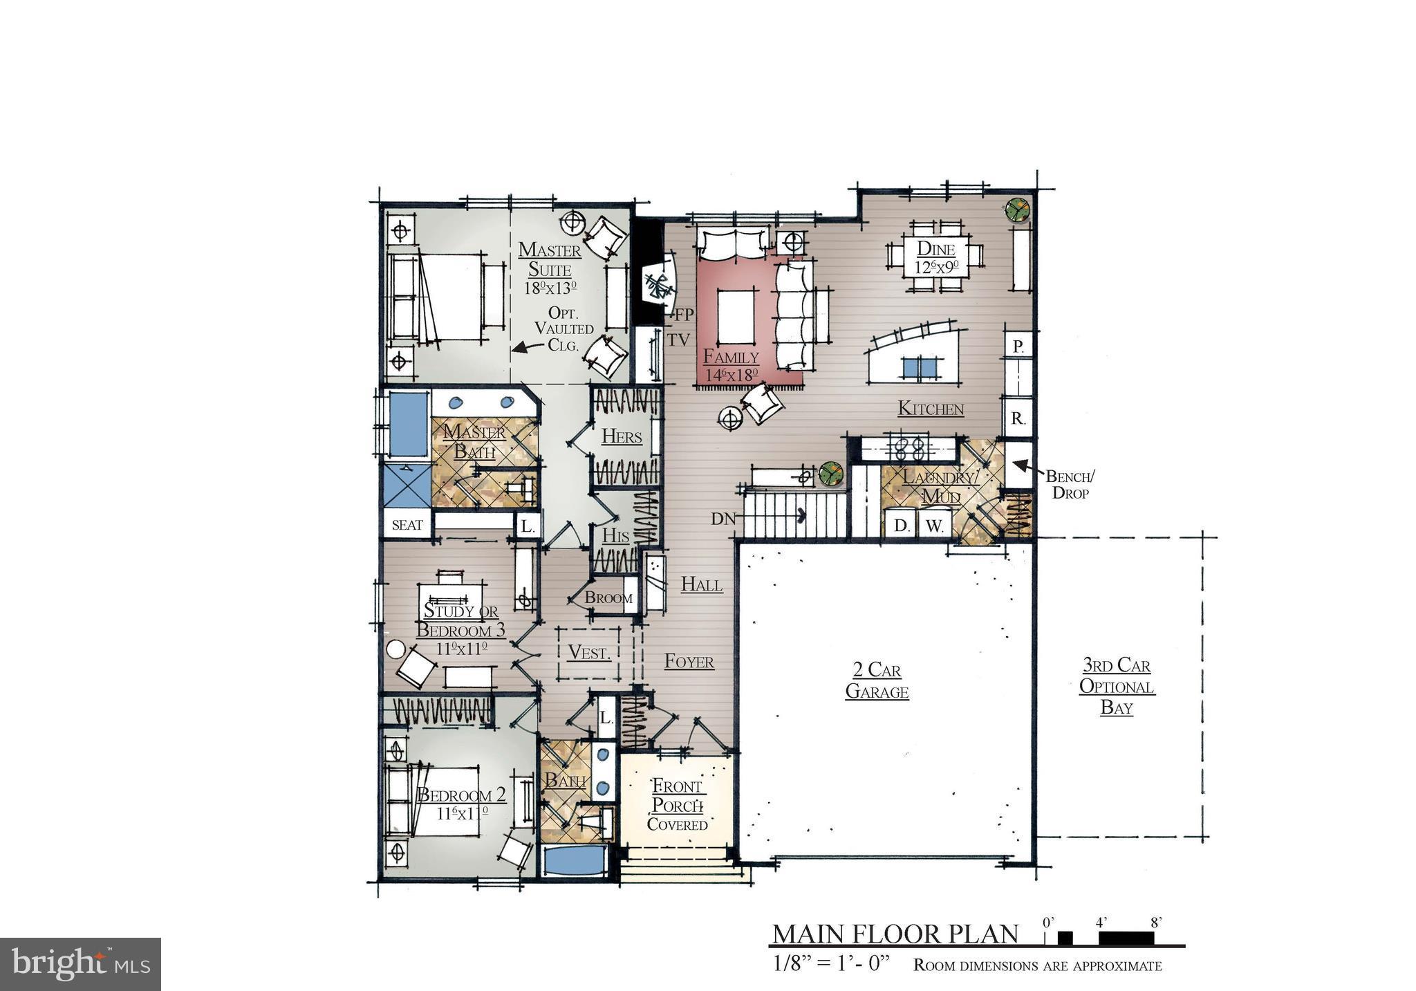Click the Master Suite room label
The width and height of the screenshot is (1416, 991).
click(550, 259)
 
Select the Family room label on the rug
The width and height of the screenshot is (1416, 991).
click(731, 358)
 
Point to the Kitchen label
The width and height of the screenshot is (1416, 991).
click(931, 409)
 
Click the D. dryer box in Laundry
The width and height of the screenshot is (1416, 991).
click(901, 526)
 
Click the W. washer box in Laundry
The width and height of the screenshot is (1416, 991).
click(934, 526)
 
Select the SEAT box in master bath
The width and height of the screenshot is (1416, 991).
click(407, 525)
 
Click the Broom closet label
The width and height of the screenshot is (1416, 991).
click(608, 598)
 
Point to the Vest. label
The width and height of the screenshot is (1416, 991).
click(589, 652)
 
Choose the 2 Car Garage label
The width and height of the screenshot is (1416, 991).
click(877, 680)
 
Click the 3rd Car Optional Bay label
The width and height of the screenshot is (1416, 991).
click(1117, 687)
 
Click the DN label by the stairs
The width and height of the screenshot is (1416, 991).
click(723, 519)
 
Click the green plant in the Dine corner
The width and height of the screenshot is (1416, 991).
click(1017, 209)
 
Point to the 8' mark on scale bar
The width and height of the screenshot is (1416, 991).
click(1155, 923)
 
